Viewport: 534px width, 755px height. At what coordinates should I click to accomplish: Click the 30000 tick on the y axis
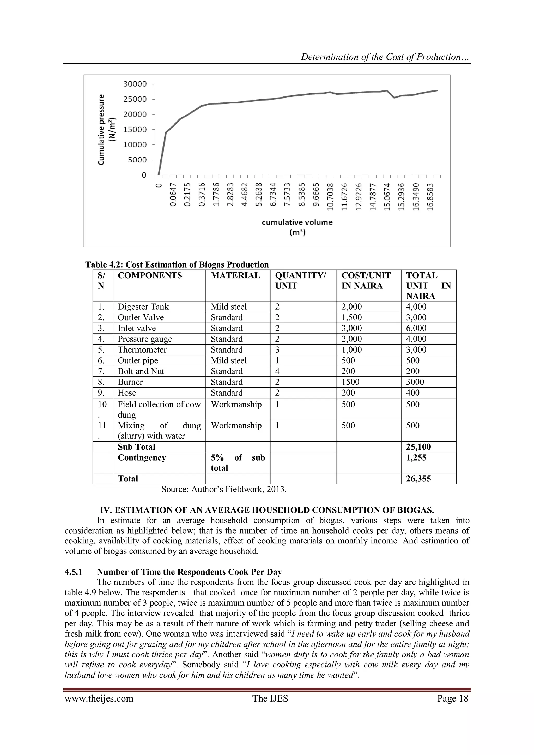pos(135,84)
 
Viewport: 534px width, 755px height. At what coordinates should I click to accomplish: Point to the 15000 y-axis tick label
pos(135,130)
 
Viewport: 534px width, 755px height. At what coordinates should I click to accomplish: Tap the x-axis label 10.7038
pos(331,197)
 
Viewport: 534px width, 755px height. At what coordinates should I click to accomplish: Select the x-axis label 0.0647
pos(174,197)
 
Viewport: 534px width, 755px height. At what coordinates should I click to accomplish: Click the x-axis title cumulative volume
pos(297,222)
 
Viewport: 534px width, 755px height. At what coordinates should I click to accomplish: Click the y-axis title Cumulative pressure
pos(102,130)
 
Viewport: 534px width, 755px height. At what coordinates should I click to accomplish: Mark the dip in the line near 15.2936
pos(394,98)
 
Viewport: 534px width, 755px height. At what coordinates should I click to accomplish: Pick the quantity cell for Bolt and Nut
pos(277,371)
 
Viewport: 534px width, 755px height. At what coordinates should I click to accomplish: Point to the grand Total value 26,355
pos(418,479)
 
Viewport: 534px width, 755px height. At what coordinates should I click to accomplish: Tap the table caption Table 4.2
pos(177,265)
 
